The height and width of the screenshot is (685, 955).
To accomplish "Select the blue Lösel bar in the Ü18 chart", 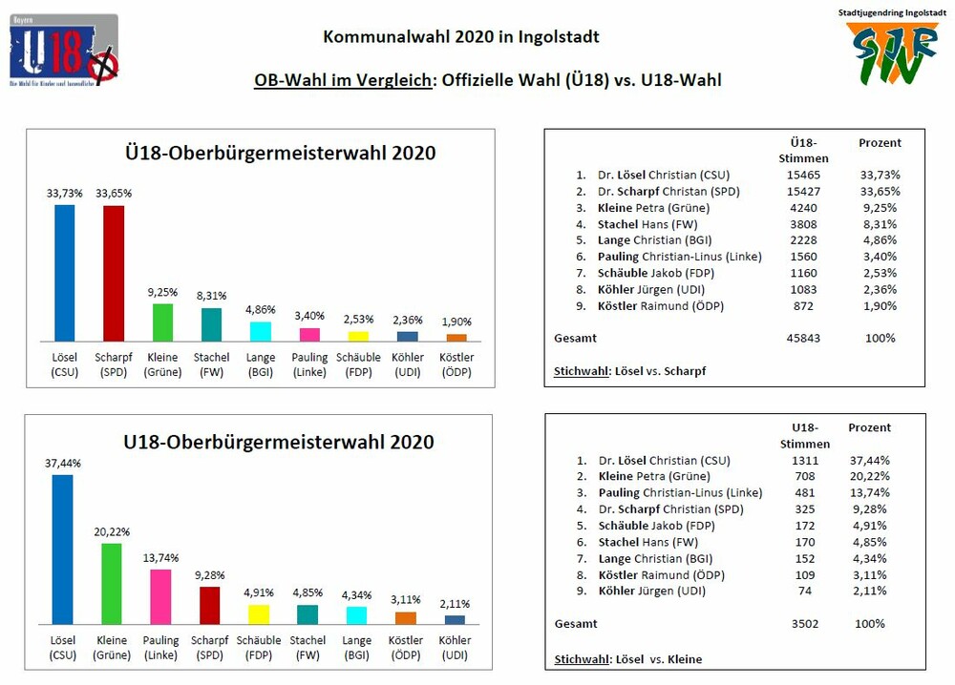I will point(64,273).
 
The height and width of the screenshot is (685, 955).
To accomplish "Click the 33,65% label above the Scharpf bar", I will point(114,194).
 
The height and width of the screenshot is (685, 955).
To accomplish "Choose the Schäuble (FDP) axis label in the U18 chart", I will point(259,648).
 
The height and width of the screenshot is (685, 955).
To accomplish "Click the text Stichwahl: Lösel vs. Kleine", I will point(627,659).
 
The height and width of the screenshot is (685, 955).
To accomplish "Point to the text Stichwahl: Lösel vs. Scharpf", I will point(631,370).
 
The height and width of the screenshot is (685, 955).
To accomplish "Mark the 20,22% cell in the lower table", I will point(869,476).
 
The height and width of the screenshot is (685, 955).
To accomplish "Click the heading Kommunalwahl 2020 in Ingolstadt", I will point(461,37).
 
